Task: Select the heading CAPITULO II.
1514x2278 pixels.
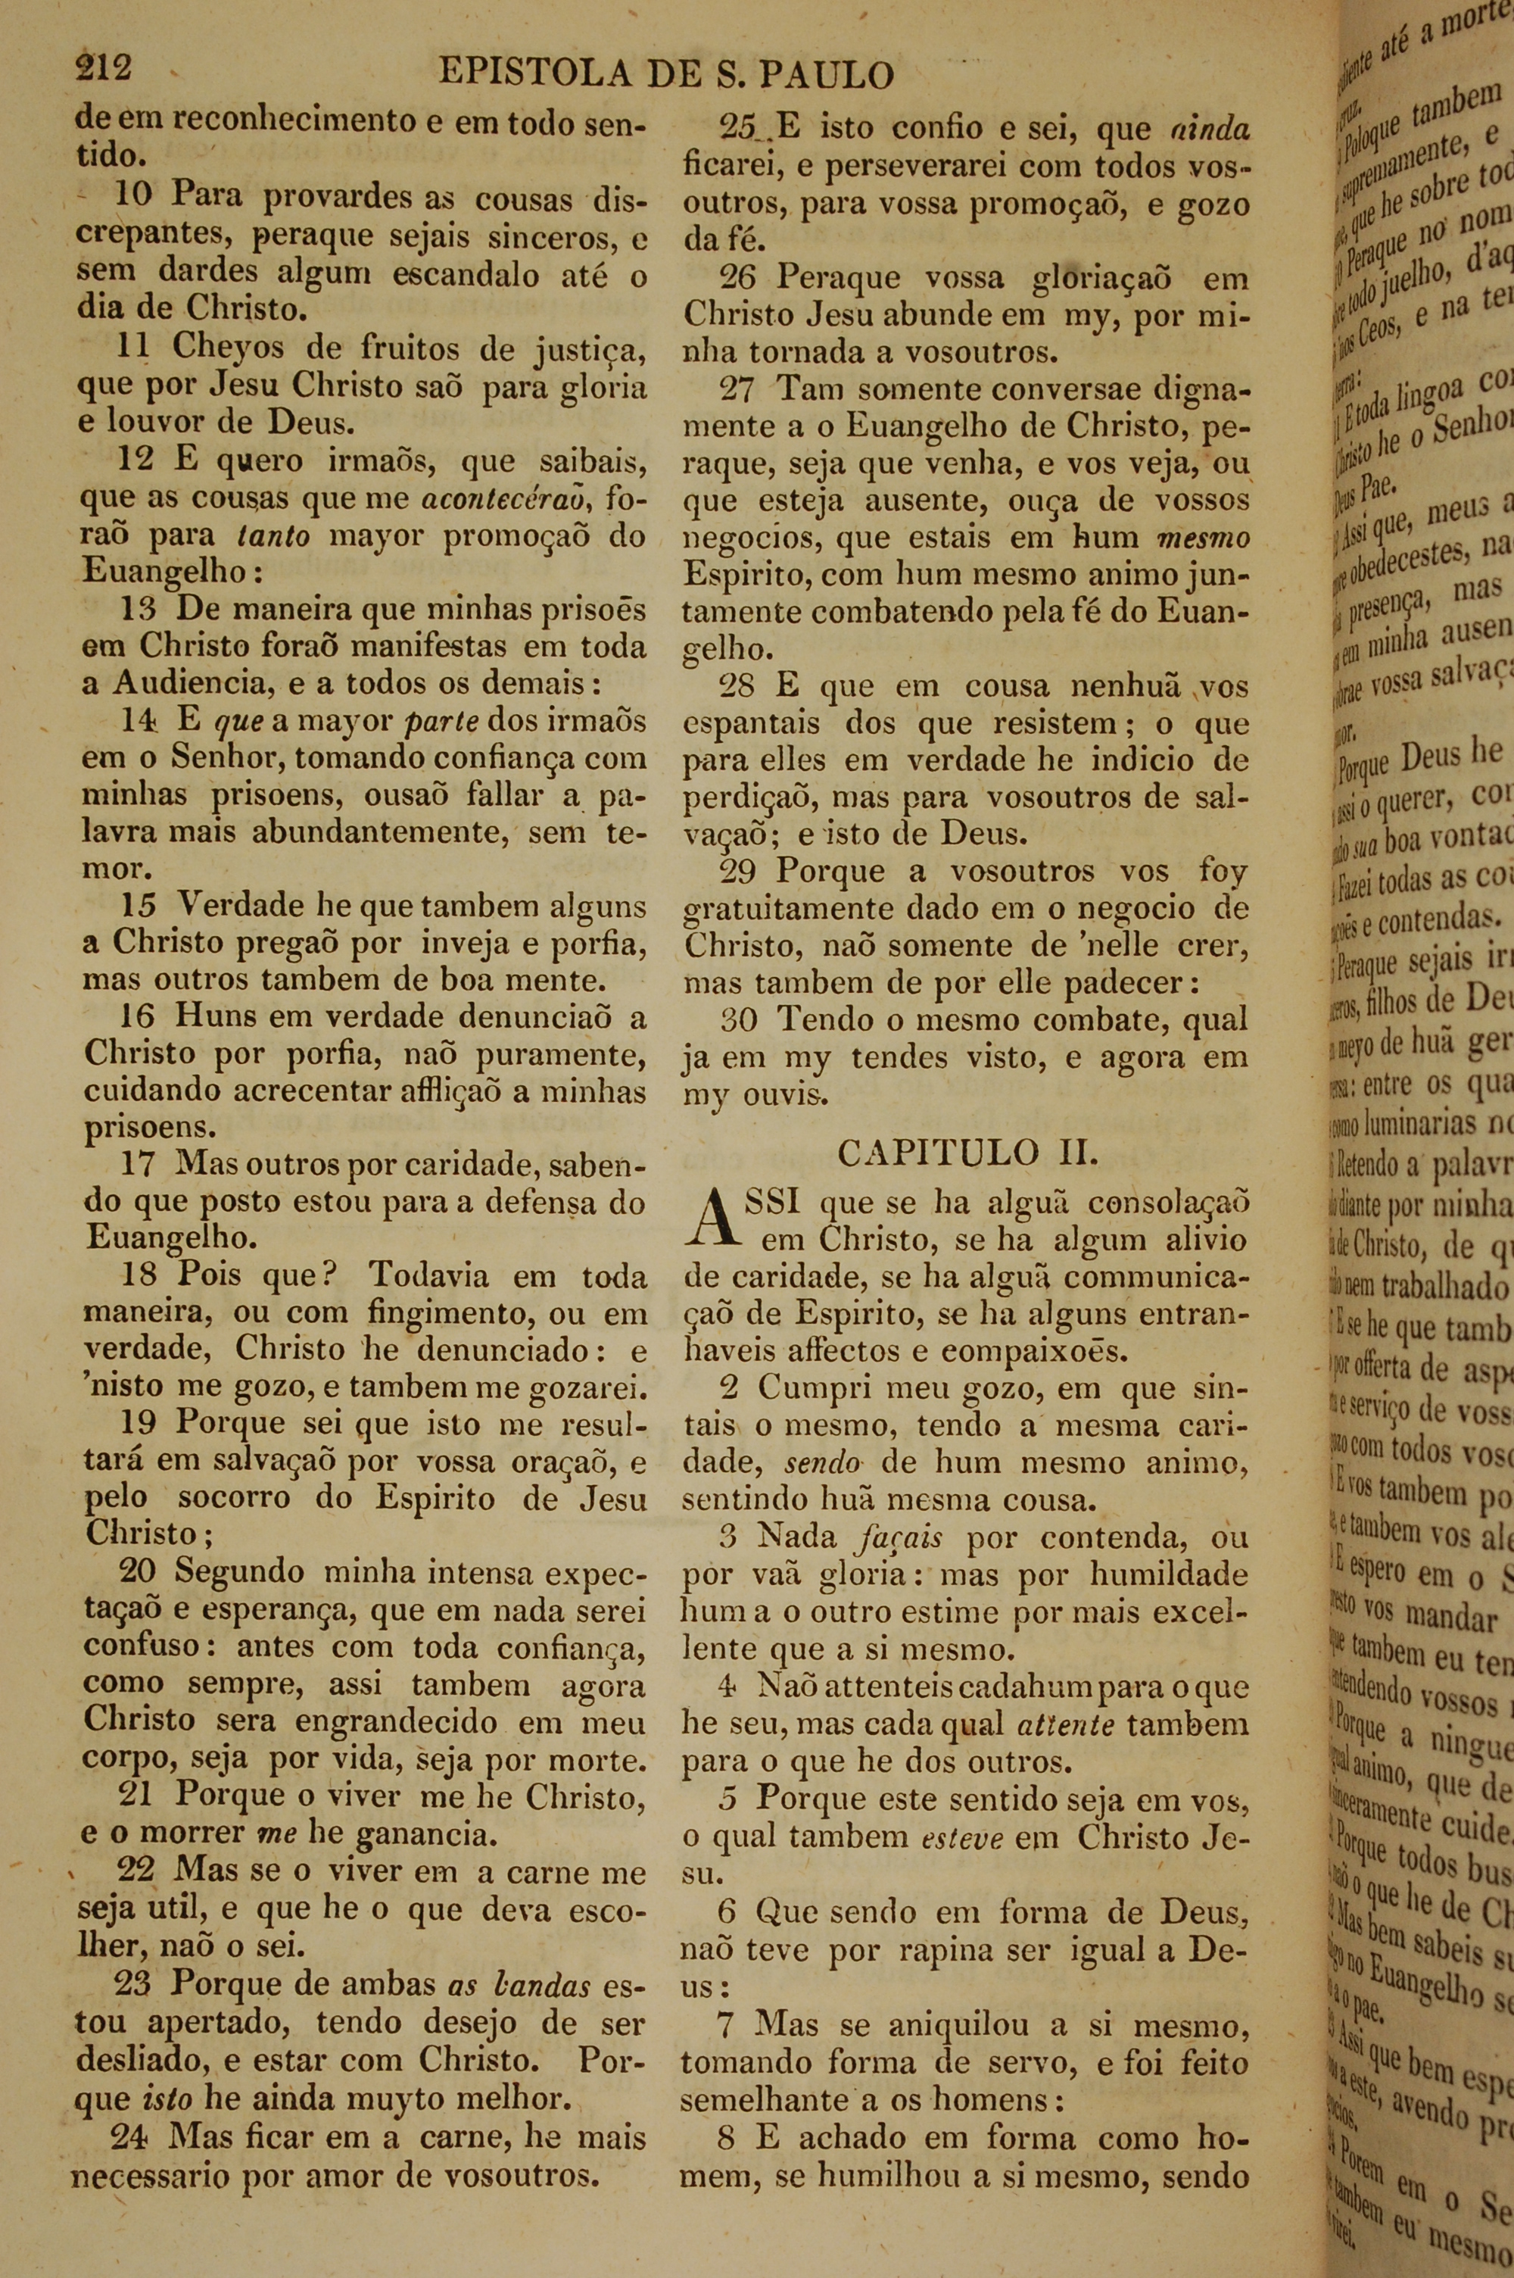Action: pos(967,1153)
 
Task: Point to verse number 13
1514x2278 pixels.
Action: pos(141,610)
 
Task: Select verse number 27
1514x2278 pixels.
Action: pos(739,389)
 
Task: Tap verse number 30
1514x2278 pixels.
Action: pos(739,1020)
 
